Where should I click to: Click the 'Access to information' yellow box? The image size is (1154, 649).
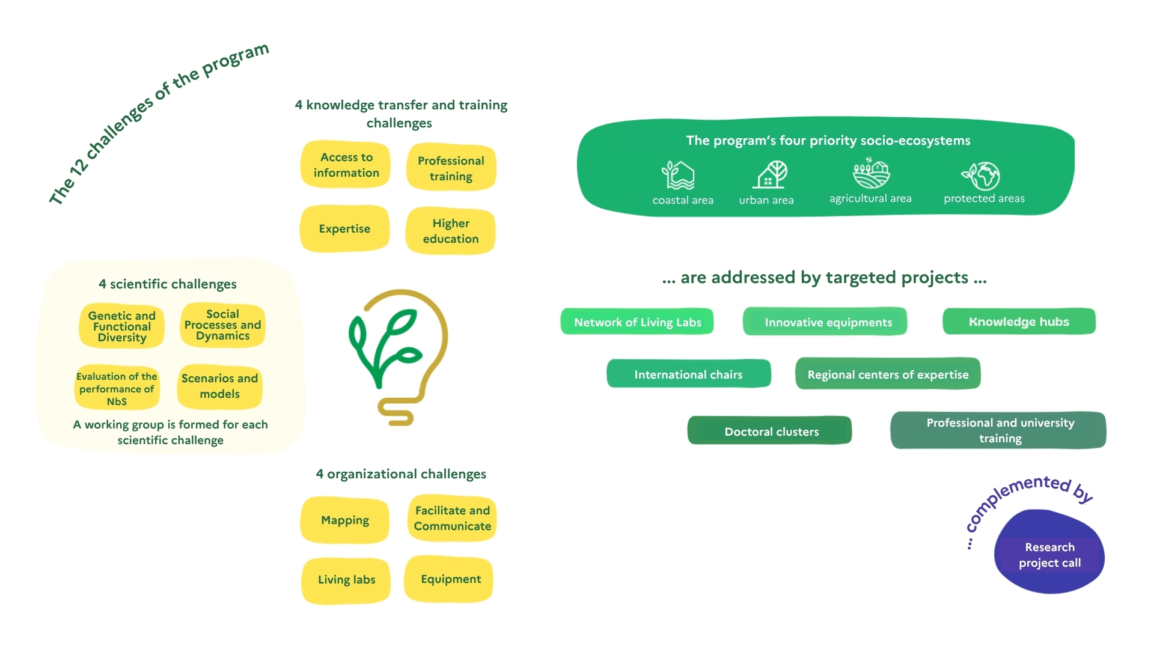pos(346,165)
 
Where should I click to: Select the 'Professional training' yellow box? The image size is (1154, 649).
pos(451,168)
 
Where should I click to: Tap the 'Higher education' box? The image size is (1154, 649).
pos(451,231)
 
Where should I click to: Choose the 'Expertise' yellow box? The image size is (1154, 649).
pos(344,229)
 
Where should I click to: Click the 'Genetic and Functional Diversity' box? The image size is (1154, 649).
pos(122,326)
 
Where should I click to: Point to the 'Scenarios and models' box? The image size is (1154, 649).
pos(219,386)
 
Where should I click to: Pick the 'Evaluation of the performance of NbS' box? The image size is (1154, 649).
pos(117,388)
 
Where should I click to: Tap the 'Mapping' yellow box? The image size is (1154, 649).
pos(345,520)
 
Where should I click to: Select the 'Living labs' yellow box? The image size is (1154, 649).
pos(346,580)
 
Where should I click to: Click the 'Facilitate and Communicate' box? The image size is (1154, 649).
pos(452,518)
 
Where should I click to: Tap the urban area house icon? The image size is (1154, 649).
pos(770,175)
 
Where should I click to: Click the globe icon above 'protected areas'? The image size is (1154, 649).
pos(982,176)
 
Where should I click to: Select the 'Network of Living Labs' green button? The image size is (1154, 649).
pos(637,322)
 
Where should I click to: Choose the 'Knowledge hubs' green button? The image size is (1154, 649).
pos(1019,321)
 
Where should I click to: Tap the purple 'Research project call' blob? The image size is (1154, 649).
pos(1049,553)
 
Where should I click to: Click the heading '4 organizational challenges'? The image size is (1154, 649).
pos(401,474)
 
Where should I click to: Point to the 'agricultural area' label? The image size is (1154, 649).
pos(870,198)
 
